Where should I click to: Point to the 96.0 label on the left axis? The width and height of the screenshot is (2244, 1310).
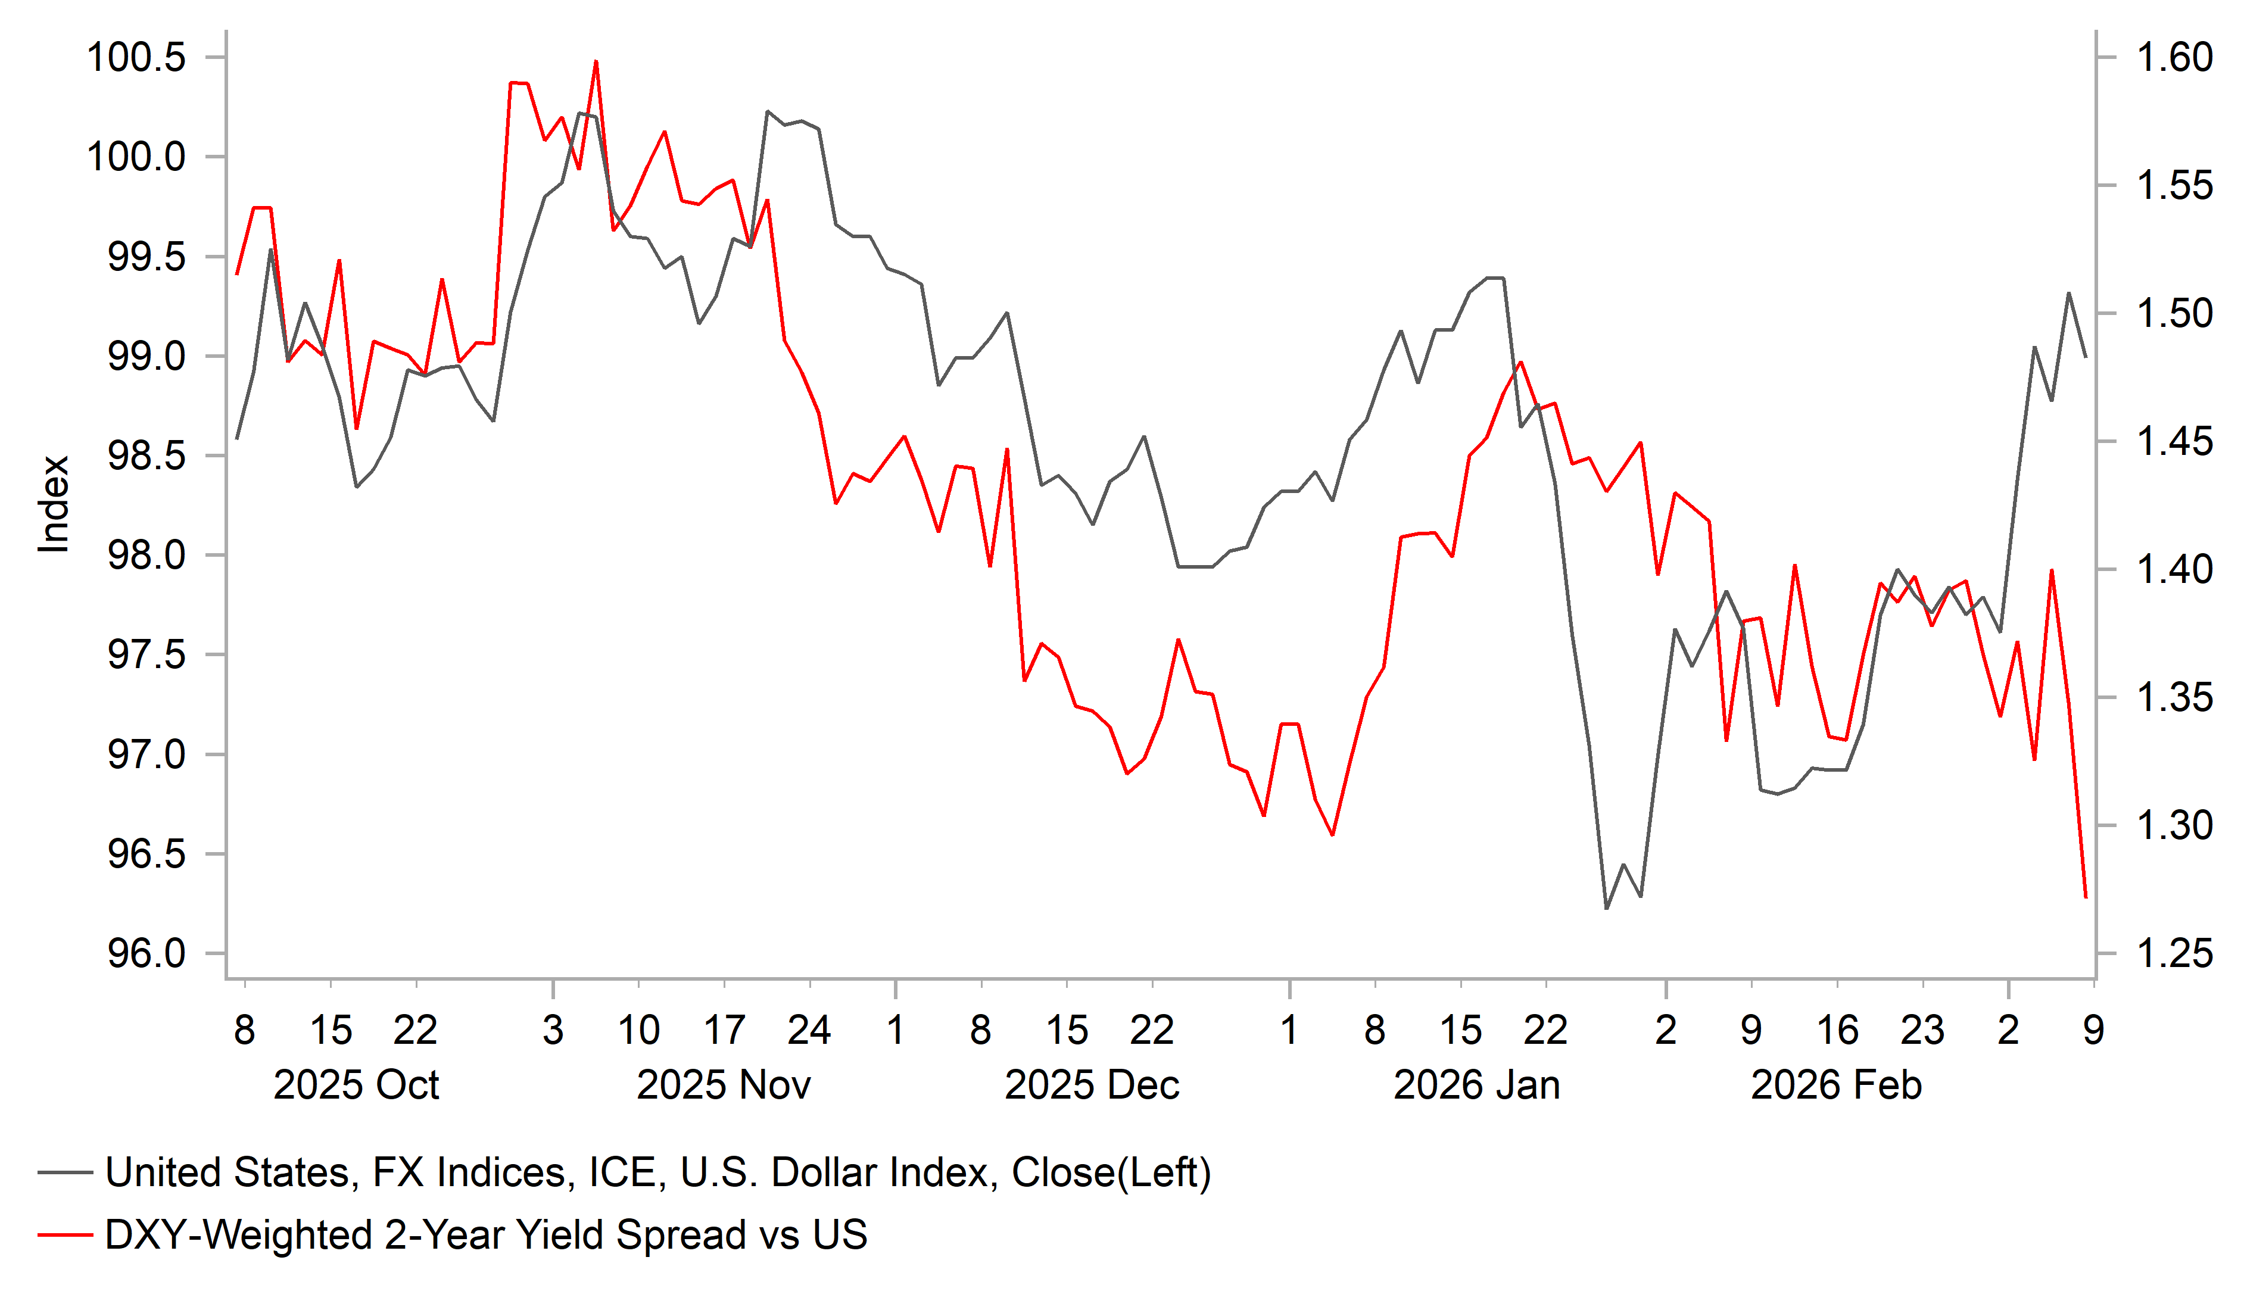[x=147, y=954]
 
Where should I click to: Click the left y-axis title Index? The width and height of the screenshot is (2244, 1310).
[x=54, y=504]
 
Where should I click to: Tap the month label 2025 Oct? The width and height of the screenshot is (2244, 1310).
[x=356, y=1086]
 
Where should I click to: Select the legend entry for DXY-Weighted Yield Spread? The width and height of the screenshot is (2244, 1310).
[x=485, y=1235]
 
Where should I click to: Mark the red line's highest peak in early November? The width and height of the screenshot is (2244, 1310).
[x=596, y=61]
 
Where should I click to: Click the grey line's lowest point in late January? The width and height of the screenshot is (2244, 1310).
[x=1606, y=908]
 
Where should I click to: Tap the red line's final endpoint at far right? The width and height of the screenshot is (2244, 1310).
[x=2086, y=897]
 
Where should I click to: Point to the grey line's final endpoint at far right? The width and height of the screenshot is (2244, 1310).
[x=2086, y=356]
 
